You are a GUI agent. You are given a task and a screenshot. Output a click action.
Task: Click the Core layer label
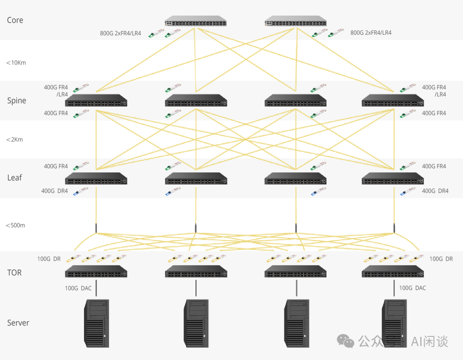coord(15,20)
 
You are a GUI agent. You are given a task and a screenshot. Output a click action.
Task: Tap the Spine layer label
coord(17,101)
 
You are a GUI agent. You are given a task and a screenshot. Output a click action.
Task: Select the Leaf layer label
coord(15,177)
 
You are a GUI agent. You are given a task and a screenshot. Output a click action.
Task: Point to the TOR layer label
coord(15,273)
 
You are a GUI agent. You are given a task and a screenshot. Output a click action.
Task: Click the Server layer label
coord(18,323)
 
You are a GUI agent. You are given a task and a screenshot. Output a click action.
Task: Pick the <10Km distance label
coord(16,63)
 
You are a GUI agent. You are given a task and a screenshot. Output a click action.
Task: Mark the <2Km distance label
coord(15,140)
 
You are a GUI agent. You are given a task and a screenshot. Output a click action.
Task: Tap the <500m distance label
coord(15,225)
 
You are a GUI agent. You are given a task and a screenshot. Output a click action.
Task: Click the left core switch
coord(195,21)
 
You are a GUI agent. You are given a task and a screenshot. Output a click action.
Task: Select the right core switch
coord(295,21)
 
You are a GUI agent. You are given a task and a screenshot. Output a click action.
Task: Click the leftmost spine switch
coord(96,100)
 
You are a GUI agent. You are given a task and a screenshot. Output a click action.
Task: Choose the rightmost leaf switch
coord(393,179)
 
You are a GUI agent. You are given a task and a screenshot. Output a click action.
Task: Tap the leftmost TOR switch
coord(96,271)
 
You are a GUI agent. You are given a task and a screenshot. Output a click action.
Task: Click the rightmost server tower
coord(394,324)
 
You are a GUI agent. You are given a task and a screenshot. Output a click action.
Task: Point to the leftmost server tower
coord(96,324)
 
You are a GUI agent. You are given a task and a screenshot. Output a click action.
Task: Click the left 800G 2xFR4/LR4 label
coord(120,33)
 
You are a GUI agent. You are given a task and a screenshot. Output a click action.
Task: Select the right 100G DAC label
coord(412,288)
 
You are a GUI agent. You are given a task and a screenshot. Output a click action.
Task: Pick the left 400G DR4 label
coord(54,191)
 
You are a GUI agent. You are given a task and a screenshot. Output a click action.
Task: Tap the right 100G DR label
coord(441,259)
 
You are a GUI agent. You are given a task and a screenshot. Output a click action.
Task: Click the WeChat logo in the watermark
coord(346,341)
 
